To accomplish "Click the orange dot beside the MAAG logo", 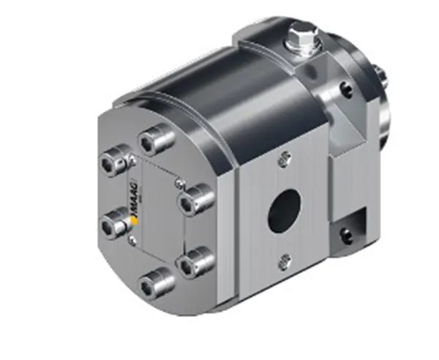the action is pyautogui.click(x=135, y=221).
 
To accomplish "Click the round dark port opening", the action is pyautogui.click(x=285, y=211).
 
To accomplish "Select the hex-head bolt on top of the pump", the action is pyautogui.click(x=303, y=38).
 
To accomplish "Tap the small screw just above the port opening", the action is pyautogui.click(x=285, y=159).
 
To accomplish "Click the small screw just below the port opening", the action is pyautogui.click(x=285, y=262).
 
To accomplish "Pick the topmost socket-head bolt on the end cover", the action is pyautogui.click(x=157, y=140).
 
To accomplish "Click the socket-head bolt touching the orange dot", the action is pyautogui.click(x=115, y=224).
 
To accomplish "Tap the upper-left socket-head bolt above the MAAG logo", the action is pyautogui.click(x=115, y=161).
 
